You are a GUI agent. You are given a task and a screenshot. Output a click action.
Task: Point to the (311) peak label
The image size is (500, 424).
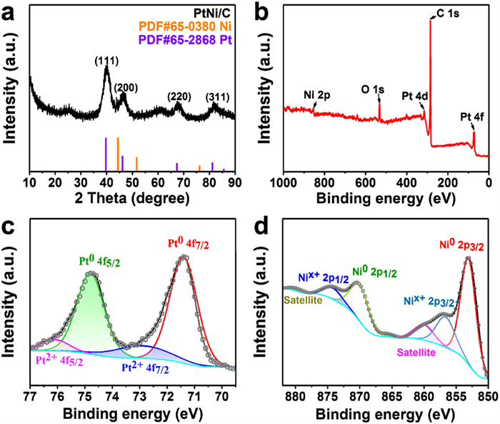(217, 96)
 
